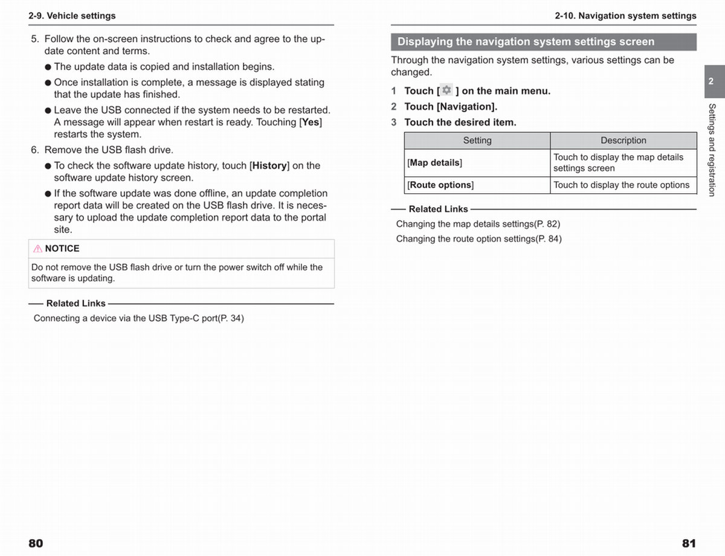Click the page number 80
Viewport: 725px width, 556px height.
point(36,543)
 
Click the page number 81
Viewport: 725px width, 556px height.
point(689,543)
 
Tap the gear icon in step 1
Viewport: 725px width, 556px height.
point(446,90)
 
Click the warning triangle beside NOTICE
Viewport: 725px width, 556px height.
point(37,248)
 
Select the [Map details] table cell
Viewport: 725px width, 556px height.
point(435,163)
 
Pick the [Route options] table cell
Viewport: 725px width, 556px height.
point(440,185)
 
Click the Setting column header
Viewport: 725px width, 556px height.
point(477,140)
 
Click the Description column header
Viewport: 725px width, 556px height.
point(623,140)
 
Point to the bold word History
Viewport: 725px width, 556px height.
point(269,165)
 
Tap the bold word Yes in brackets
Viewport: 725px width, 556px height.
point(311,122)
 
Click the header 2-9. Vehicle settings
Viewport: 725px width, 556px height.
point(72,16)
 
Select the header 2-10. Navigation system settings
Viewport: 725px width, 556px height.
point(625,16)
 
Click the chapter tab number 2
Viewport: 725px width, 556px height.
point(710,81)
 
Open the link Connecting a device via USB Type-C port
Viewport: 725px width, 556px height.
point(138,318)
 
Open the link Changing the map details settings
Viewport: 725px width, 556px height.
point(478,224)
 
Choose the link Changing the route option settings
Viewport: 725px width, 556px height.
point(478,239)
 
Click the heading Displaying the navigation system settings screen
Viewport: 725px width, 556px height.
point(526,42)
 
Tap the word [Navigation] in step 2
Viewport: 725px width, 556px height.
point(466,106)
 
